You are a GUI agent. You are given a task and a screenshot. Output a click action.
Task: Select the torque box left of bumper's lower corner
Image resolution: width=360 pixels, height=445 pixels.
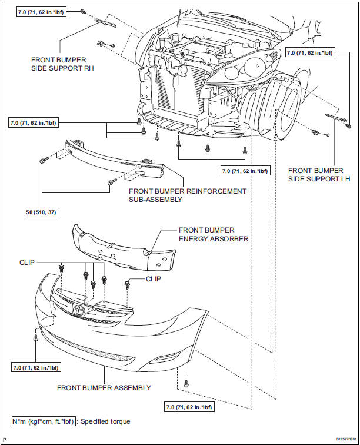point(35,367)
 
